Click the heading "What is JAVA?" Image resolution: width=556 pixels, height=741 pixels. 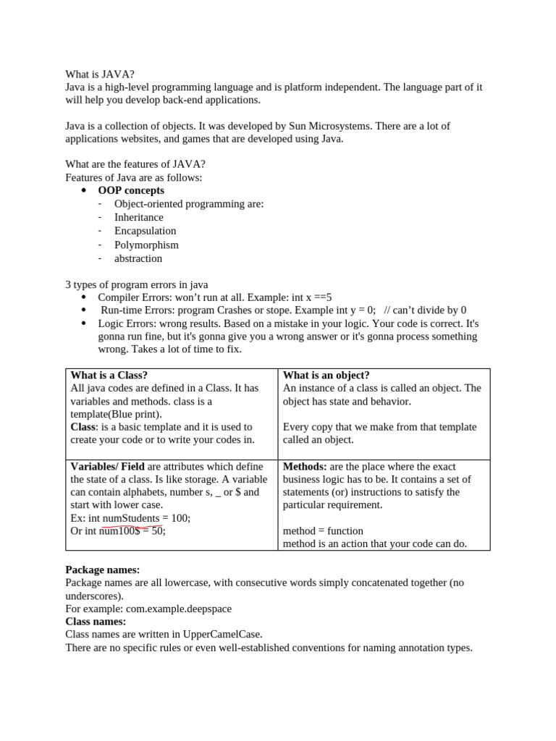(100, 74)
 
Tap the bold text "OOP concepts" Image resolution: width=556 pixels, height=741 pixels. (131, 190)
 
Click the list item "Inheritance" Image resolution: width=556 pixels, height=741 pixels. (139, 217)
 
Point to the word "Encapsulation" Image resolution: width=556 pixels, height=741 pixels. (145, 231)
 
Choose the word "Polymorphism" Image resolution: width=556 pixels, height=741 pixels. (146, 245)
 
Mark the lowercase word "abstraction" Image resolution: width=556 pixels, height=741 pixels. (138, 258)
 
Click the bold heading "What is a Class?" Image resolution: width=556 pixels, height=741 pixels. (109, 375)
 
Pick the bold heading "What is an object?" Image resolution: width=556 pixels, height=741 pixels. (326, 375)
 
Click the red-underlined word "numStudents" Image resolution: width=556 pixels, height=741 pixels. (131, 518)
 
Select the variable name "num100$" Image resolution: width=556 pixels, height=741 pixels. (119, 531)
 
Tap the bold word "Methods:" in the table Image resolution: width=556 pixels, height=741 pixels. (304, 466)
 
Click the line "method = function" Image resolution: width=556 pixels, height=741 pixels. (323, 530)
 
